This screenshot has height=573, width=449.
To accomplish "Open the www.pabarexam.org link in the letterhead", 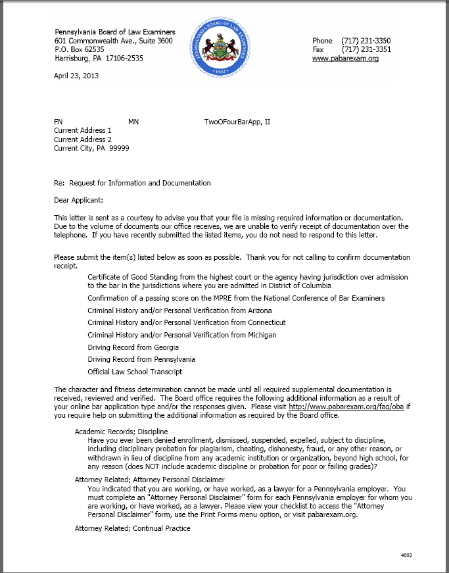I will [x=345, y=59].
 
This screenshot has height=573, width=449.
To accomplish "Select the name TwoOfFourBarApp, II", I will [x=237, y=122].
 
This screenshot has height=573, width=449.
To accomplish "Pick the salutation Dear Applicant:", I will [x=78, y=199].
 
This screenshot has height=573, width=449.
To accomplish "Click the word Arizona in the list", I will [x=260, y=311].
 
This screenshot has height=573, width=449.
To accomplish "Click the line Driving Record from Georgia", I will [x=133, y=347].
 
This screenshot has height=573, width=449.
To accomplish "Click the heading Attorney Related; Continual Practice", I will [x=133, y=528].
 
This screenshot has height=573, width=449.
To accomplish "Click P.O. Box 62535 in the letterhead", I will [x=79, y=49].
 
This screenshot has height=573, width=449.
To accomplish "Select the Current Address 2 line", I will [x=83, y=139].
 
